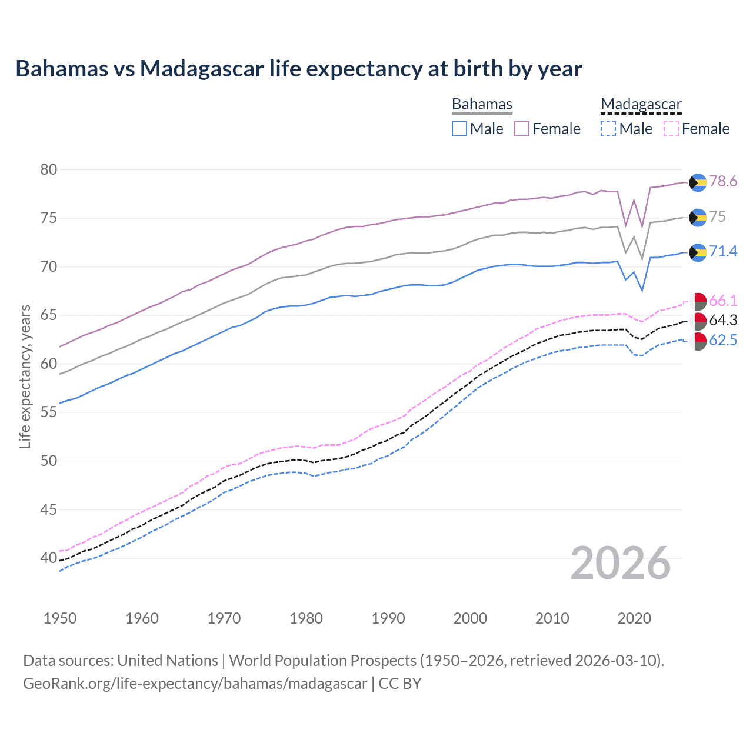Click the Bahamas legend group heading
tap(482, 104)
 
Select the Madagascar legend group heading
tap(641, 104)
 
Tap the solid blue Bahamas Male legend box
tap(459, 129)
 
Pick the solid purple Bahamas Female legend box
tap(522, 129)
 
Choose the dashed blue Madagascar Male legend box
tap(608, 129)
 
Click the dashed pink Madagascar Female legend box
tap(671, 129)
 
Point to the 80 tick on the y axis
tap(49, 170)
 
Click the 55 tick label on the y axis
tap(49, 412)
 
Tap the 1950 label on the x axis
tap(60, 618)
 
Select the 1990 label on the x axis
tap(388, 618)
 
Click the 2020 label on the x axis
tap(634, 618)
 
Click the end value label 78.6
tap(723, 182)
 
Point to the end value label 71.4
tap(723, 252)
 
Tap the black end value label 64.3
tap(723, 320)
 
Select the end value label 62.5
tap(723, 341)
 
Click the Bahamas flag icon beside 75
tap(698, 218)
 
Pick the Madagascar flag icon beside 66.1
tap(698, 301)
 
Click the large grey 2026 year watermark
tap(621, 563)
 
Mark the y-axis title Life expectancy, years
tap(25, 376)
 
